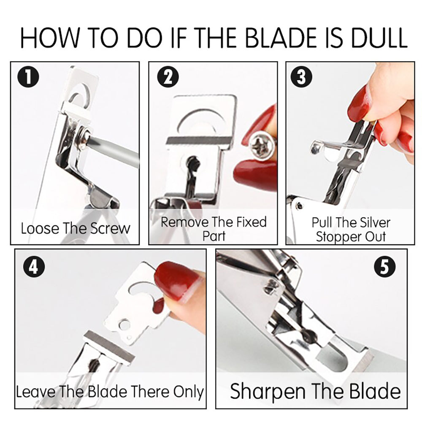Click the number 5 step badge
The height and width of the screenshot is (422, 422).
[384, 268]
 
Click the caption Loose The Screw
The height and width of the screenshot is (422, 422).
[76, 228]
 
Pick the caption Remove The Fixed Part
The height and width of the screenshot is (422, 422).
[214, 228]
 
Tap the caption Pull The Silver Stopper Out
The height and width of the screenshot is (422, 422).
[351, 229]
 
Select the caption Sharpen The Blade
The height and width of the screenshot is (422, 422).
[315, 391]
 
